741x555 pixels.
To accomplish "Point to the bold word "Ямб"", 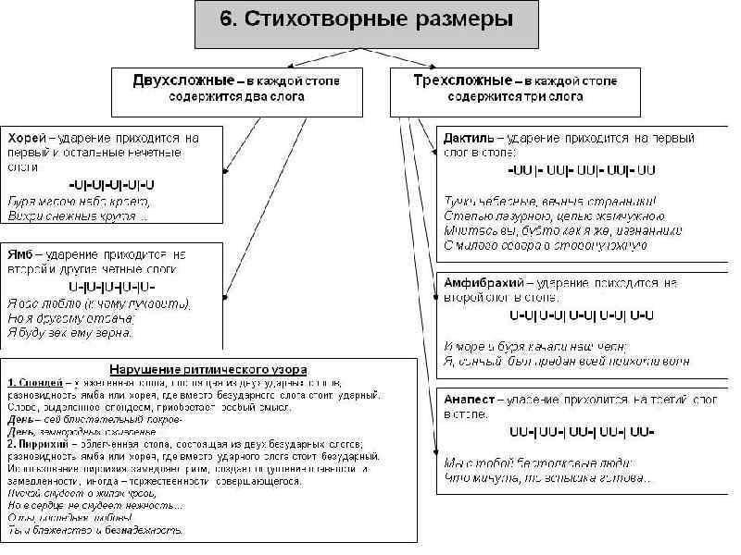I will [x=19, y=253].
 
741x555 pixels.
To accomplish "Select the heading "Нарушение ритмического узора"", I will [x=208, y=370].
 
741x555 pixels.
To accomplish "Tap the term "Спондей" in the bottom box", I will [x=38, y=382].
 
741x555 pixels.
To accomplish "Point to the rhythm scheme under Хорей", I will [x=112, y=185].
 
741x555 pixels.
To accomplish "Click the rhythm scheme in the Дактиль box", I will [x=582, y=170].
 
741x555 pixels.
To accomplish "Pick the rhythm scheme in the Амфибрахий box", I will [x=582, y=315].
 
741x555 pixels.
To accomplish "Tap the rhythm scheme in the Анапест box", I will [x=582, y=432].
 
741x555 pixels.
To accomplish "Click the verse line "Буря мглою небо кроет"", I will [x=79, y=201].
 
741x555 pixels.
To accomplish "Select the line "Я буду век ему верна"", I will [x=70, y=331].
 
